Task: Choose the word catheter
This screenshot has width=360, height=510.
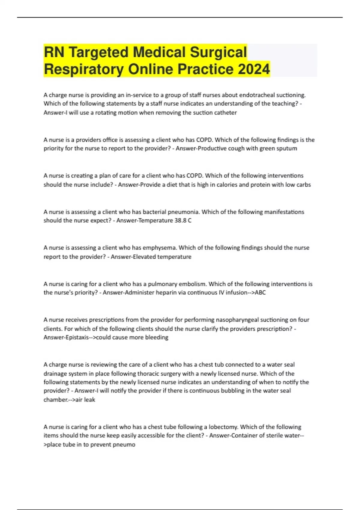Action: (x=225, y=113)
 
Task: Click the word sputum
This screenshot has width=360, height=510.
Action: (x=287, y=148)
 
